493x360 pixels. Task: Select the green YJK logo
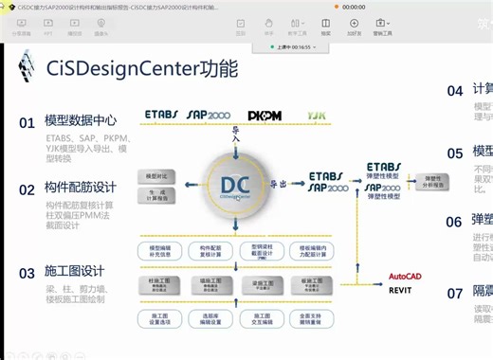point(316,116)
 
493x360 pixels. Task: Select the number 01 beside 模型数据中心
point(27,121)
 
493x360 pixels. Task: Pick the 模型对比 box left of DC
point(156,176)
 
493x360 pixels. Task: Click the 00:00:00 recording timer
point(354,6)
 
